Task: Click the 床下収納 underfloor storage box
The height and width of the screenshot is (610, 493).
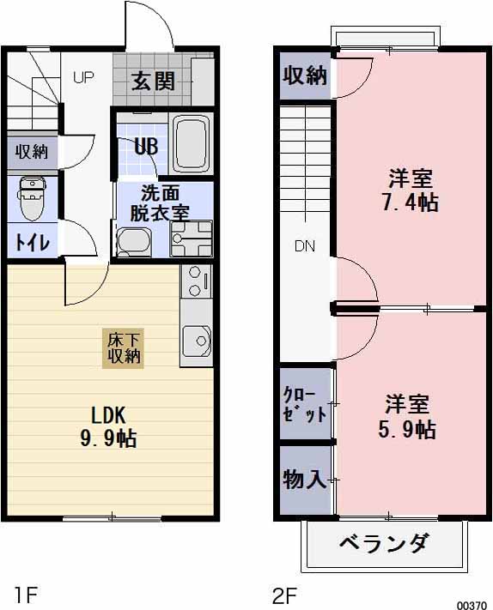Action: pos(124,347)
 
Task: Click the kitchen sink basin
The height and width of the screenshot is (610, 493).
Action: pos(197,341)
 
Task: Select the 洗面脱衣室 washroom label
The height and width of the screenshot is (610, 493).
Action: pos(160,203)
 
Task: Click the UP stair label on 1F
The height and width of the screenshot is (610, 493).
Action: pos(83,77)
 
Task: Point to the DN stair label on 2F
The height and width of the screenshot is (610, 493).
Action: pos(305,246)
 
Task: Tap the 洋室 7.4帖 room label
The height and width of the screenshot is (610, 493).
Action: pos(411,190)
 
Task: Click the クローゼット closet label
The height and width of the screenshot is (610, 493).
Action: pos(304,404)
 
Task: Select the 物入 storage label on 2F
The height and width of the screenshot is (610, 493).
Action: pos(304,479)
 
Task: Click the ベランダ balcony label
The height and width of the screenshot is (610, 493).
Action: pos(383,543)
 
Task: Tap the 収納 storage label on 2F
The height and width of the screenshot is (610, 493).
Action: pos(305,75)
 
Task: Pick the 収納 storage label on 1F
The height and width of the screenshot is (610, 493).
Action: pos(32,152)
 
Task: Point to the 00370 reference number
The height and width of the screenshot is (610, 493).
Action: pos(472,603)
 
